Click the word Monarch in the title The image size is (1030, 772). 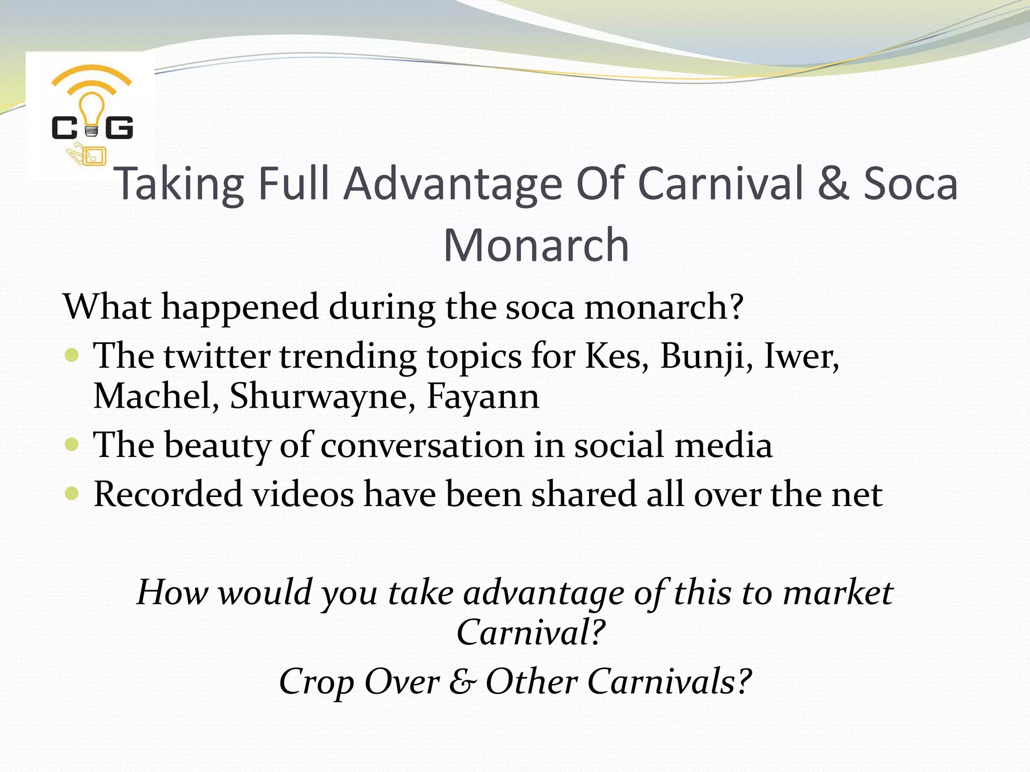pos(536,245)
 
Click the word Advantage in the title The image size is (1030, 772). pos(453,184)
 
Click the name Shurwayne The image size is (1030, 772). pos(322,397)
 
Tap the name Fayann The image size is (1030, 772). pos(483,397)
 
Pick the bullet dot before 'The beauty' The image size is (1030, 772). pos(72,444)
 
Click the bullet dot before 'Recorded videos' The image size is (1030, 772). pos(72,493)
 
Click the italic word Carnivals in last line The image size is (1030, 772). pos(661,682)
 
